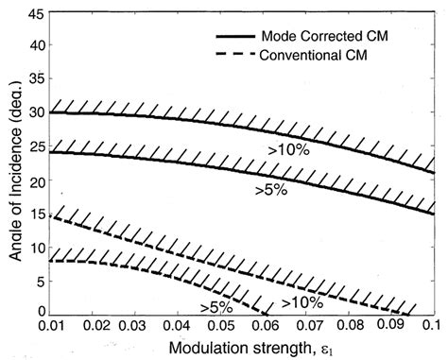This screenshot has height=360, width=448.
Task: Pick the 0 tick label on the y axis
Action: coord(39,311)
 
